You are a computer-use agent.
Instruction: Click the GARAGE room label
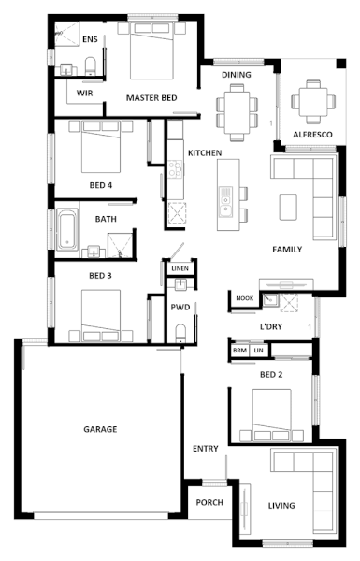[100, 429]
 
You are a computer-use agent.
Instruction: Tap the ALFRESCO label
[312, 135]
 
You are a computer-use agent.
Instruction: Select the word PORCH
[209, 502]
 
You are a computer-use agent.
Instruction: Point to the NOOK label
[245, 298]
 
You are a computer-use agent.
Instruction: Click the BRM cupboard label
[239, 351]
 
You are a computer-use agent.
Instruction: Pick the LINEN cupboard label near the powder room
[180, 268]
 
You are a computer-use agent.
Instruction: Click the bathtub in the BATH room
[67, 229]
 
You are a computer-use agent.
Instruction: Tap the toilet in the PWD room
[180, 334]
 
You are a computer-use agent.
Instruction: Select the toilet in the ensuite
[90, 65]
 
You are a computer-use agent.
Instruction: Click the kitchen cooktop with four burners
[175, 169]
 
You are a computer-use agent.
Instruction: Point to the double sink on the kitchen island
[226, 202]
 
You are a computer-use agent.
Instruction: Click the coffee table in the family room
[288, 208]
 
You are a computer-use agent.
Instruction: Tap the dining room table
[237, 112]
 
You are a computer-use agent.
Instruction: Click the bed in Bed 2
[271, 415]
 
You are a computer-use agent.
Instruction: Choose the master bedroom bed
[151, 50]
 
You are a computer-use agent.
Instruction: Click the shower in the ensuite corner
[67, 34]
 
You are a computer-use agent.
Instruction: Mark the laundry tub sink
[270, 300]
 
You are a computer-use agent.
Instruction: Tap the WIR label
[84, 93]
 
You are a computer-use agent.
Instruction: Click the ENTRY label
[206, 449]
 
